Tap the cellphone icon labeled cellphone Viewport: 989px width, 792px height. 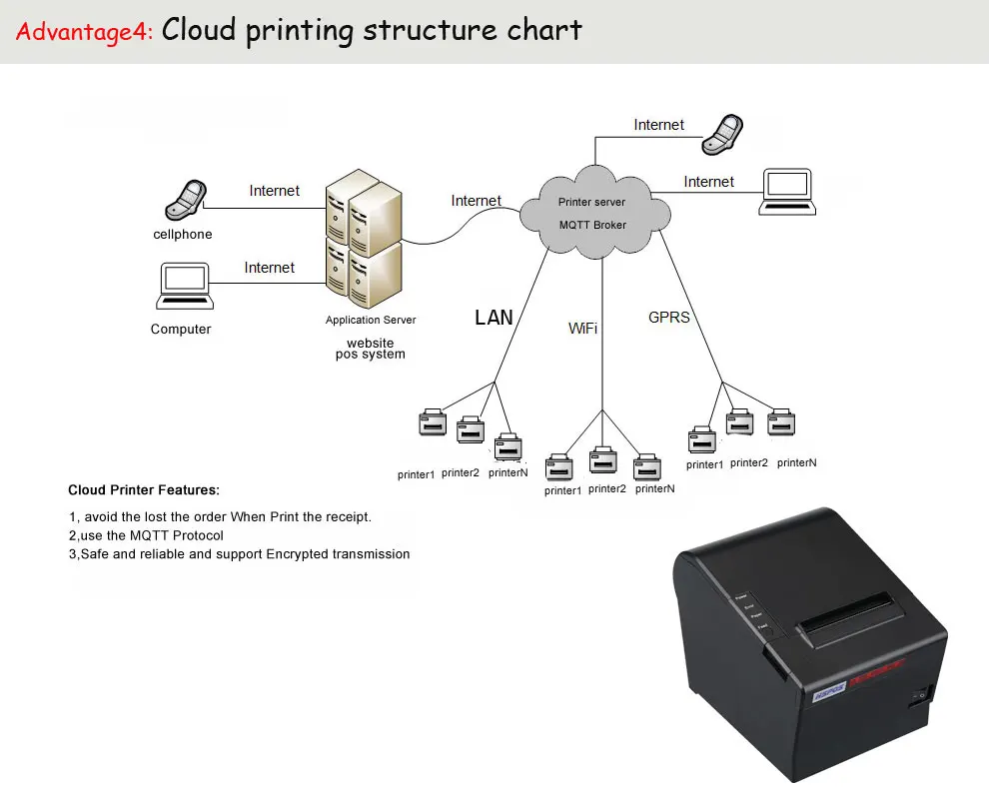[x=186, y=200]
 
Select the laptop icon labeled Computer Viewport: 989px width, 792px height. [x=185, y=287]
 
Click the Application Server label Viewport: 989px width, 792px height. [x=371, y=320]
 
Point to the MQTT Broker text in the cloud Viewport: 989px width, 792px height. [x=592, y=225]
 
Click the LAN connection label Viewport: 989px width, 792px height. [x=494, y=318]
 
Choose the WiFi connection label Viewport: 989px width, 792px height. [x=582, y=329]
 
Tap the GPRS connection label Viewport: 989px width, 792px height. [x=669, y=318]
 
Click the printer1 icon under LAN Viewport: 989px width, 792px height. [x=433, y=422]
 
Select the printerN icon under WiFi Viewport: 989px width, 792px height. [x=647, y=467]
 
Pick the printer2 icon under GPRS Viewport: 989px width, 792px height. [x=740, y=421]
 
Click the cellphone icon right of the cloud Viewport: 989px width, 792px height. [x=723, y=134]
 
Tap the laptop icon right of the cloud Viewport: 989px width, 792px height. [x=787, y=192]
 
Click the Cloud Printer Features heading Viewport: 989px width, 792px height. [x=144, y=490]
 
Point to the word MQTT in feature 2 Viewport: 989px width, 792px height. [x=149, y=535]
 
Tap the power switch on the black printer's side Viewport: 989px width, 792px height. [x=921, y=695]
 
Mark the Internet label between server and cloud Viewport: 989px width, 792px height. [x=477, y=201]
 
